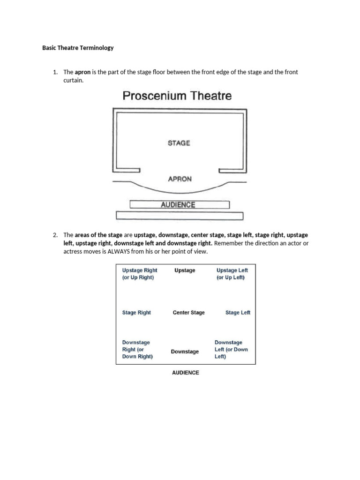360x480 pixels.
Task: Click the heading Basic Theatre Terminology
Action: point(78,48)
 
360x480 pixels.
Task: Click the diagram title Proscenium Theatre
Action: point(177,96)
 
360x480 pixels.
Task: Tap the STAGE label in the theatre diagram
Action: point(179,143)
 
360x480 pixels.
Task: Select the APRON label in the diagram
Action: point(180,179)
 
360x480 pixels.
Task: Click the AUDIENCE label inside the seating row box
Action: point(178,205)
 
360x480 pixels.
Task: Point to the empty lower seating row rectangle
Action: point(180,216)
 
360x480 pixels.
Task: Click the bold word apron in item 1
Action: point(82,72)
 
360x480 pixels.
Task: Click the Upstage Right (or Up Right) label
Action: point(139,274)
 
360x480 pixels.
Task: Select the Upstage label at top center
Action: point(185,270)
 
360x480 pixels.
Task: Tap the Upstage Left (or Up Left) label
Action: point(232,274)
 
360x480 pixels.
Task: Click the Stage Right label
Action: point(136,313)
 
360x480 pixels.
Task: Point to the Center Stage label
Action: point(188,313)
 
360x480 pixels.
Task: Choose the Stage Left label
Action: point(238,313)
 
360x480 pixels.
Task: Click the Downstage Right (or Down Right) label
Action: point(137,349)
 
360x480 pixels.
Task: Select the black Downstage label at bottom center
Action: point(185,352)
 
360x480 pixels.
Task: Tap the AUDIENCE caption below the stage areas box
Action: point(185,373)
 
